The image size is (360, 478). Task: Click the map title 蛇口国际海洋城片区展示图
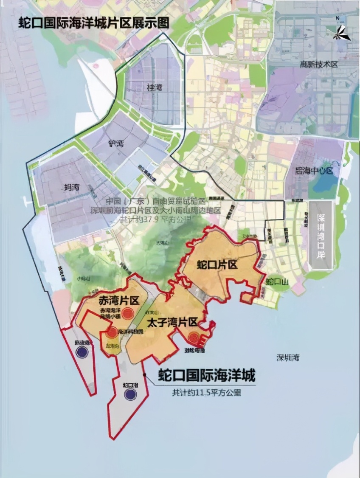click(93, 23)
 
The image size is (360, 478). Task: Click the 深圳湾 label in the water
click(288, 357)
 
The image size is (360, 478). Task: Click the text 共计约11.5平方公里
click(206, 393)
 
